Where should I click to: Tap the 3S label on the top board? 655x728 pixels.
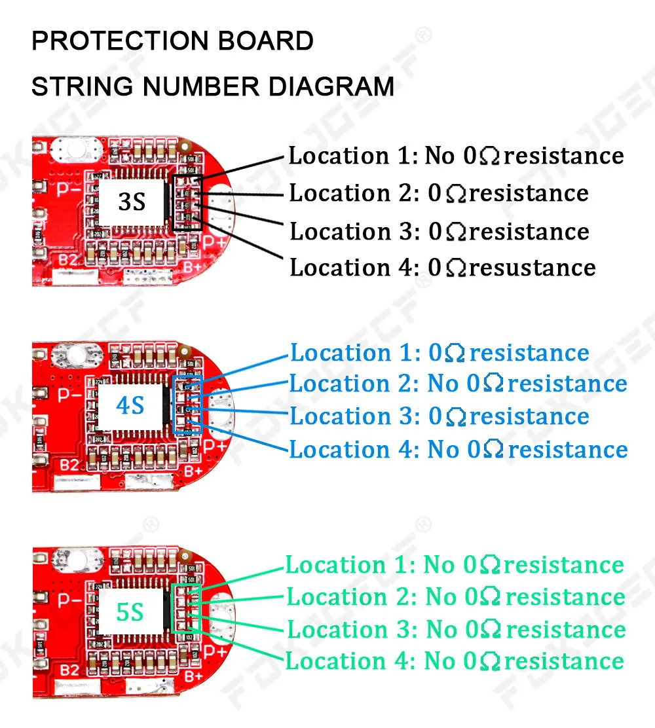(132, 202)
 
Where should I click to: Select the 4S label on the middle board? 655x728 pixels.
(130, 406)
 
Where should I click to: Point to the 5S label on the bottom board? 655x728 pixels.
(130, 612)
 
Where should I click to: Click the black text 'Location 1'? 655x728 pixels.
(350, 156)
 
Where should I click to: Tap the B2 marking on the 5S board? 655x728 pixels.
(69, 670)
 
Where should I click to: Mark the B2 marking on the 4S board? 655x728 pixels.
(69, 464)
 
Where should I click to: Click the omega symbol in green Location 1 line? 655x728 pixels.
(490, 566)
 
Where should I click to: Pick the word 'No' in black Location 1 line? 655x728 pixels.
(440, 156)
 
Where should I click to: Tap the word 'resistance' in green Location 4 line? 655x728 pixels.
(564, 661)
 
